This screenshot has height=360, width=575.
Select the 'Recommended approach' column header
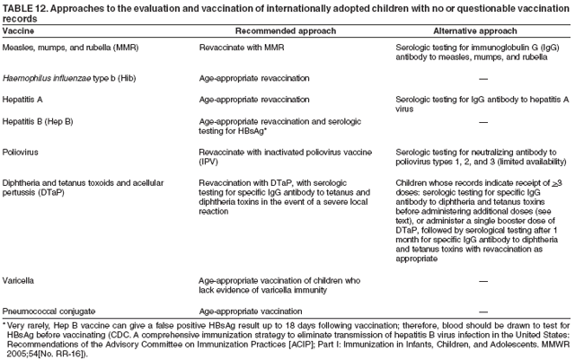point(259,30)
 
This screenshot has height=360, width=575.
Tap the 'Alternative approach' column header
point(451,30)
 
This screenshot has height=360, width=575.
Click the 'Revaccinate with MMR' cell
point(241,46)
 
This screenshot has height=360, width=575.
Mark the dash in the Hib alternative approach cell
point(484,78)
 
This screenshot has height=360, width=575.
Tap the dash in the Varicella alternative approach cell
point(484,280)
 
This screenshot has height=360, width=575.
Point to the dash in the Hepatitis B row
point(484,120)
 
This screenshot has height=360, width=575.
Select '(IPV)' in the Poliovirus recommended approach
point(208,162)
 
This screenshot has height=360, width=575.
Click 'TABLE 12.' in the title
point(23,6)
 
